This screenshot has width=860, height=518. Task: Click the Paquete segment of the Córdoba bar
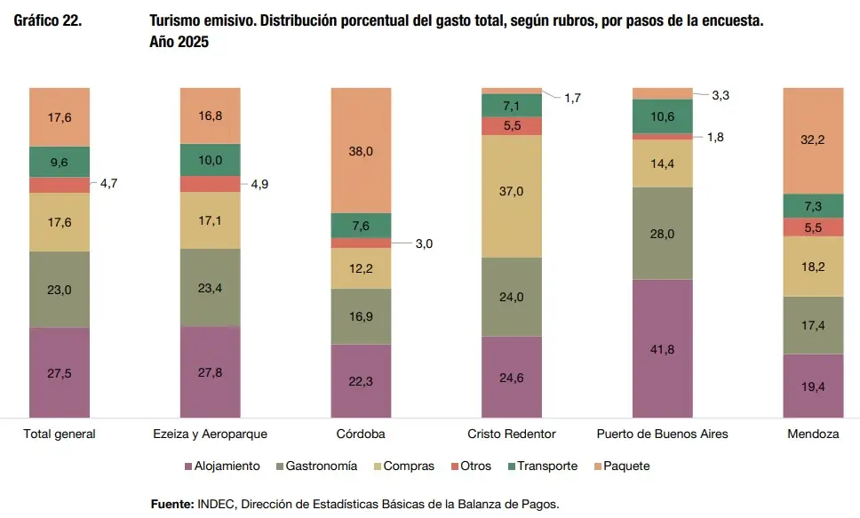click(361, 150)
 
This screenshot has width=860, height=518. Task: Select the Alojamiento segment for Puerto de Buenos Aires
click(662, 348)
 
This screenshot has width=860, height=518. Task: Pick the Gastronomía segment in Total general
click(60, 289)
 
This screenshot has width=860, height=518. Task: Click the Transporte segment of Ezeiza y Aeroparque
click(210, 160)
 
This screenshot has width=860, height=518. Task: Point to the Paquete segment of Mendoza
click(813, 139)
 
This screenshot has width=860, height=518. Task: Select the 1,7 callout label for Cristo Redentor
click(572, 98)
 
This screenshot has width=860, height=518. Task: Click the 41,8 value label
click(662, 349)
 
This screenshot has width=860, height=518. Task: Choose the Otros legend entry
click(475, 466)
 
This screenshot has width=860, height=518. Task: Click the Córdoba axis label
click(361, 434)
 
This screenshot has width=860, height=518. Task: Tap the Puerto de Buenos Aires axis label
click(662, 434)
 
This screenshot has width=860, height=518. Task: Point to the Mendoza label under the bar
click(813, 434)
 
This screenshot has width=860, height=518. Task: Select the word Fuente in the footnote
click(172, 504)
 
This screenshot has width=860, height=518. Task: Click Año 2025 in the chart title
click(179, 42)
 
